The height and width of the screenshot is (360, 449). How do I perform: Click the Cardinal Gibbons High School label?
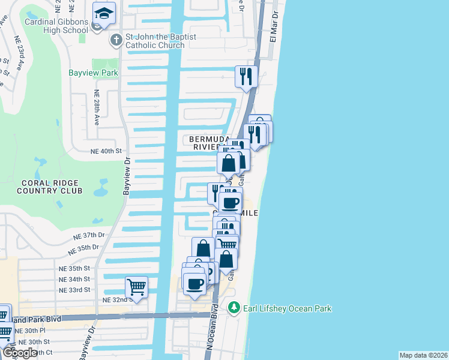[x=56, y=26]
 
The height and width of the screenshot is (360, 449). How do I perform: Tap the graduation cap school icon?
[x=104, y=13]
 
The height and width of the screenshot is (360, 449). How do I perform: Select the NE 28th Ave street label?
[x=97, y=107]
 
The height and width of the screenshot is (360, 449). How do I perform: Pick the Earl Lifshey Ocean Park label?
[x=287, y=308]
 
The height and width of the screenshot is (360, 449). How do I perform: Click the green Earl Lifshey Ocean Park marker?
[x=234, y=308]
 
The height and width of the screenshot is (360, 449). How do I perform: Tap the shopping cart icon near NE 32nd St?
[x=136, y=287]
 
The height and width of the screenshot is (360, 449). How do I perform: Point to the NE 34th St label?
[x=79, y=279]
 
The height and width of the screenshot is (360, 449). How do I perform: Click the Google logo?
[x=20, y=352]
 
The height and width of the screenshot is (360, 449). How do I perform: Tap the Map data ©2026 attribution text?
[x=423, y=355]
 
